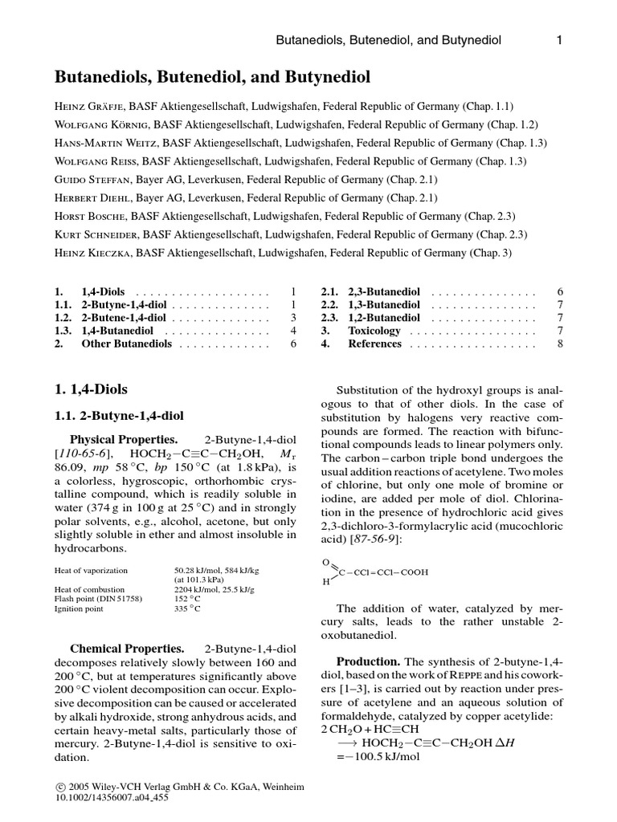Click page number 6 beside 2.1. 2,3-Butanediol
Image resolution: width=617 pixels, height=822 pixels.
tap(560, 292)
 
